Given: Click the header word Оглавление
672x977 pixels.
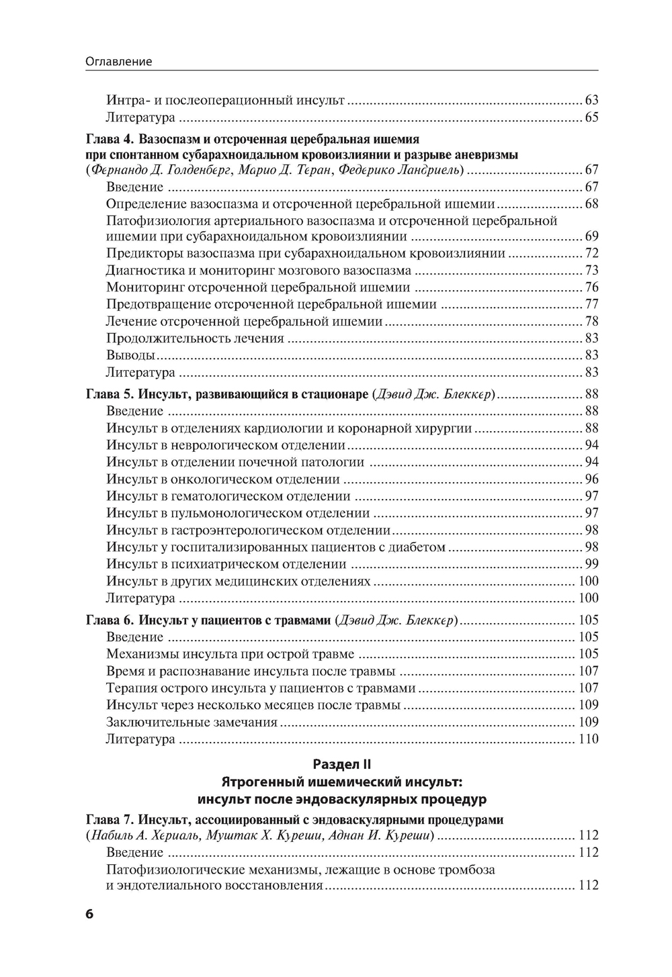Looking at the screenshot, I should [119, 62].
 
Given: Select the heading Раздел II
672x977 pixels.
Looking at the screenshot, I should [342, 764].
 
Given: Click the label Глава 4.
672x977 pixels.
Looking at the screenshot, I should [111, 140].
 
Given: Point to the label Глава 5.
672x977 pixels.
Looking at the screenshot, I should [111, 394].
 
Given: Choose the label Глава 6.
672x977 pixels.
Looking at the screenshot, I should [111, 620].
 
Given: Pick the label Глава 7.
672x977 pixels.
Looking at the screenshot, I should [111, 820].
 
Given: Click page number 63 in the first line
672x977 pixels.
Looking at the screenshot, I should [591, 101].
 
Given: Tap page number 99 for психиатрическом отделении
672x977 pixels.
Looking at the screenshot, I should [591, 564].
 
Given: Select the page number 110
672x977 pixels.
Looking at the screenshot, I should [588, 739].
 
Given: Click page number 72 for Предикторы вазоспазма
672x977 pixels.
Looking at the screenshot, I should [591, 254].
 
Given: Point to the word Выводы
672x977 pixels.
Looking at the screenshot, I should [131, 355].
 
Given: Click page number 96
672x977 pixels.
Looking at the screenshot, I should [591, 479].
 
